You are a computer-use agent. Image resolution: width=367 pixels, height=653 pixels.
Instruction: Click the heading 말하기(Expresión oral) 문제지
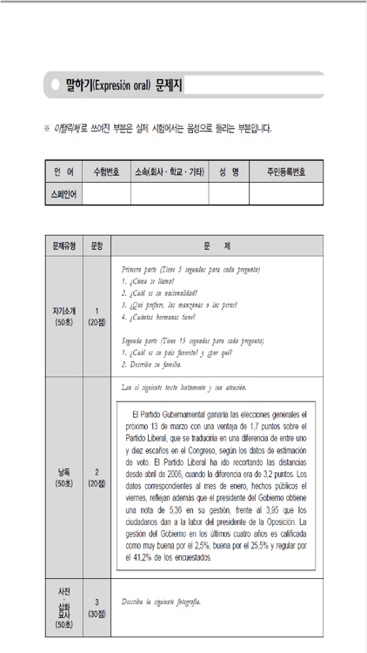tap(117, 85)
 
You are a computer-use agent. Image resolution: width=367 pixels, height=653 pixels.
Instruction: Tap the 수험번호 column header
tap(105, 172)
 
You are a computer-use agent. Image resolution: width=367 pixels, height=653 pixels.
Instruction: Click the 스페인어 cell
tap(63, 194)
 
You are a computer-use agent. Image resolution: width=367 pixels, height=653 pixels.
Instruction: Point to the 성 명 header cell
tap(229, 172)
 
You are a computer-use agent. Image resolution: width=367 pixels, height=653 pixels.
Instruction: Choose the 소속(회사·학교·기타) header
tap(168, 172)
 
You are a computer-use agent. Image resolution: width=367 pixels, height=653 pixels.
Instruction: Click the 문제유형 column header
tap(63, 246)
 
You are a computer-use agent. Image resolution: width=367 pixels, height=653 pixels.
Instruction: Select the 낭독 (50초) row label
tap(63, 478)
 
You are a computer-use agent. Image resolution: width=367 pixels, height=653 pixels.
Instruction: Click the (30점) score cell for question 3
tap(97, 607)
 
